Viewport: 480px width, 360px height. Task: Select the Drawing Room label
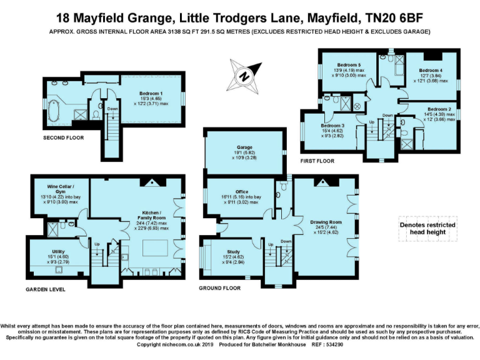pyautogui.click(x=326, y=222)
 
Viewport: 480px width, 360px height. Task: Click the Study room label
pyautogui.click(x=232, y=252)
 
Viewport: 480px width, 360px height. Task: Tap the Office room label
pyautogui.click(x=241, y=192)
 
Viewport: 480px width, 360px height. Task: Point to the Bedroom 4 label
pyautogui.click(x=431, y=70)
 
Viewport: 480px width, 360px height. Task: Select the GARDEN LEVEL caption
pyautogui.click(x=46, y=289)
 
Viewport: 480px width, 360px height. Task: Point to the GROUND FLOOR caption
pyautogui.click(x=219, y=288)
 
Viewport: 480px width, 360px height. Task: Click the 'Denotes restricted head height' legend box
pyautogui.click(x=427, y=229)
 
